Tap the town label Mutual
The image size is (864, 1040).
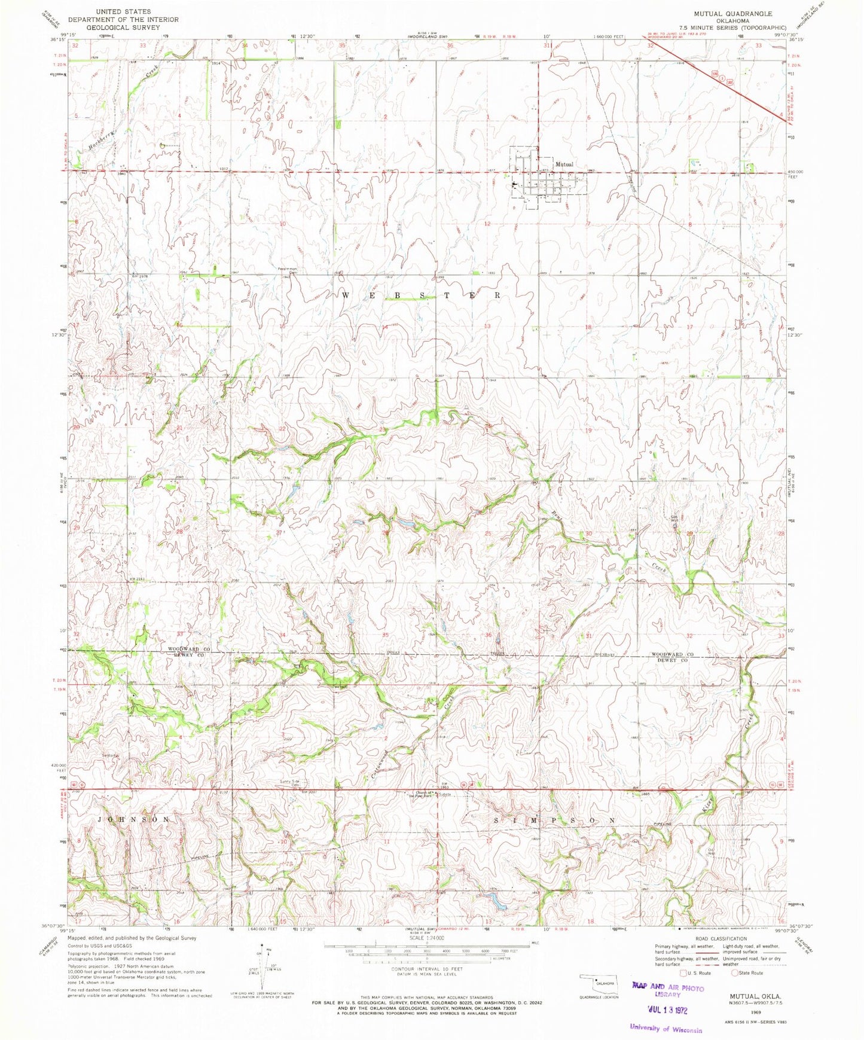click(x=564, y=164)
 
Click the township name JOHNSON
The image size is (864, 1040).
click(x=133, y=819)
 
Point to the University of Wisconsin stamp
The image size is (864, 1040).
click(x=665, y=1029)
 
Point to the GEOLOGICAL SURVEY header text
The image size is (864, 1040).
click(x=123, y=28)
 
